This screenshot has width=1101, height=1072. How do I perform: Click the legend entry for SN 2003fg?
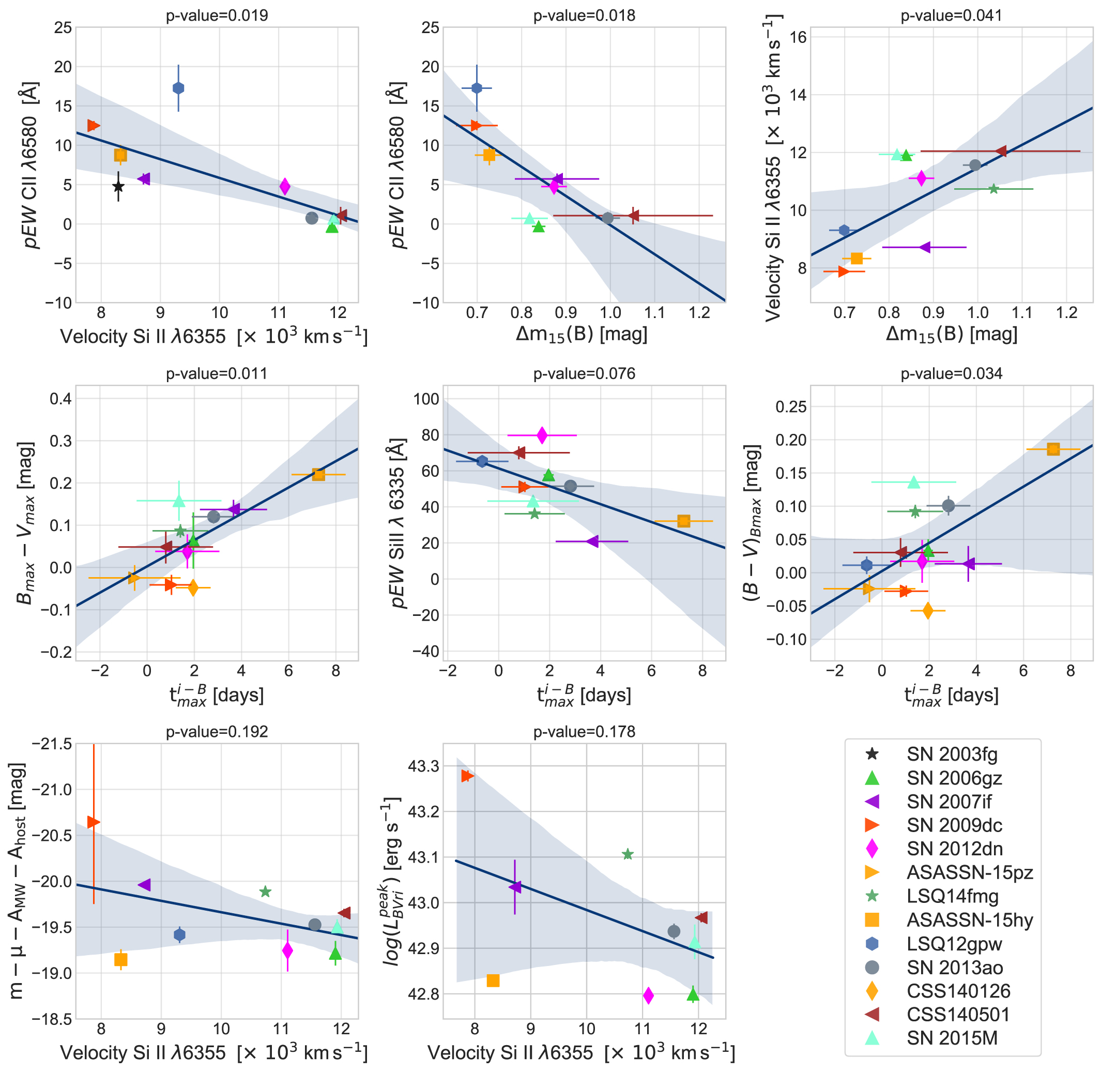pos(951,754)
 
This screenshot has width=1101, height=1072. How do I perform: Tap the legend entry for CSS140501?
pos(957,1014)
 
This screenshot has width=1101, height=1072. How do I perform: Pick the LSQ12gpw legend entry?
pos(954,943)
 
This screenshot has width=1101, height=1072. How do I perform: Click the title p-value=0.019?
pos(217,15)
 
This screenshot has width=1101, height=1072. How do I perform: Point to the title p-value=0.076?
pos(584,373)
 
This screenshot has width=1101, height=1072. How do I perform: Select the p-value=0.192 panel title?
pos(217,731)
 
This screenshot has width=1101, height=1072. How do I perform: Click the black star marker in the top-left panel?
pos(118,186)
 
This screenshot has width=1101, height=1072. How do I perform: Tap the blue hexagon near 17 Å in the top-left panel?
pos(178,88)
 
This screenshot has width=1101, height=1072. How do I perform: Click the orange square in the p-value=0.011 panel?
pos(318,474)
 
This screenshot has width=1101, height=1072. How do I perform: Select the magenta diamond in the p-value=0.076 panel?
pos(542,435)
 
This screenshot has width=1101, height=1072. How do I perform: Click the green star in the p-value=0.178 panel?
pos(628,855)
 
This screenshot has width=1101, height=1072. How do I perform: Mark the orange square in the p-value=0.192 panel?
pos(120,959)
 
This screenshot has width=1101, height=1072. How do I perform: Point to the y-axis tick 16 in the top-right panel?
pos(798,37)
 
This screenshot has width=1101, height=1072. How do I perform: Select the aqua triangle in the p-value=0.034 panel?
pos(913,482)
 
